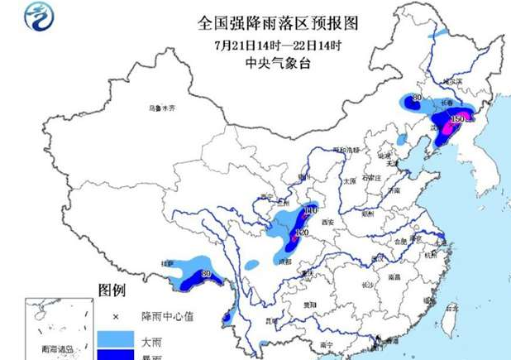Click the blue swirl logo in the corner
36,16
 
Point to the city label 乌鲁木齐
163,108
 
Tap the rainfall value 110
311,212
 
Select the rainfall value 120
301,234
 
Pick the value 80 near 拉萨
208,274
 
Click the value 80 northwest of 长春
417,98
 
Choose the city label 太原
350,180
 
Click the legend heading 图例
112,290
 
